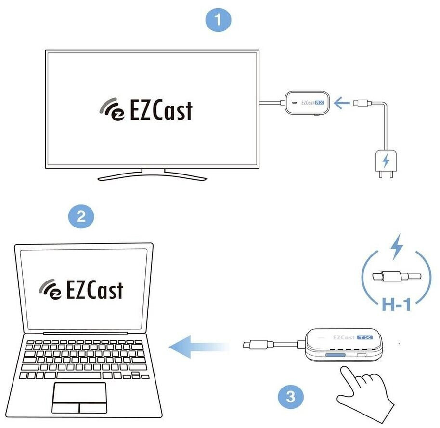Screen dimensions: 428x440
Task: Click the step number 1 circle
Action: tap(218, 20)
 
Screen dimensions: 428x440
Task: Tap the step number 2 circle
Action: tap(81, 216)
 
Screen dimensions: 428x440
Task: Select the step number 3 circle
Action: tap(290, 397)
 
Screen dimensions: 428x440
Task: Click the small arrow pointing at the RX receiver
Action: tap(342, 103)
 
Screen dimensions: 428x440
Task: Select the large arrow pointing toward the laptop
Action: tap(197, 346)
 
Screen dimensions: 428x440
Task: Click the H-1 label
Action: tap(396, 304)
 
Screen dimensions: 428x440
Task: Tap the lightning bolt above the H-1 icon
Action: tap(396, 246)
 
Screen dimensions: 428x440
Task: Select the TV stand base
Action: tap(152, 176)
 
